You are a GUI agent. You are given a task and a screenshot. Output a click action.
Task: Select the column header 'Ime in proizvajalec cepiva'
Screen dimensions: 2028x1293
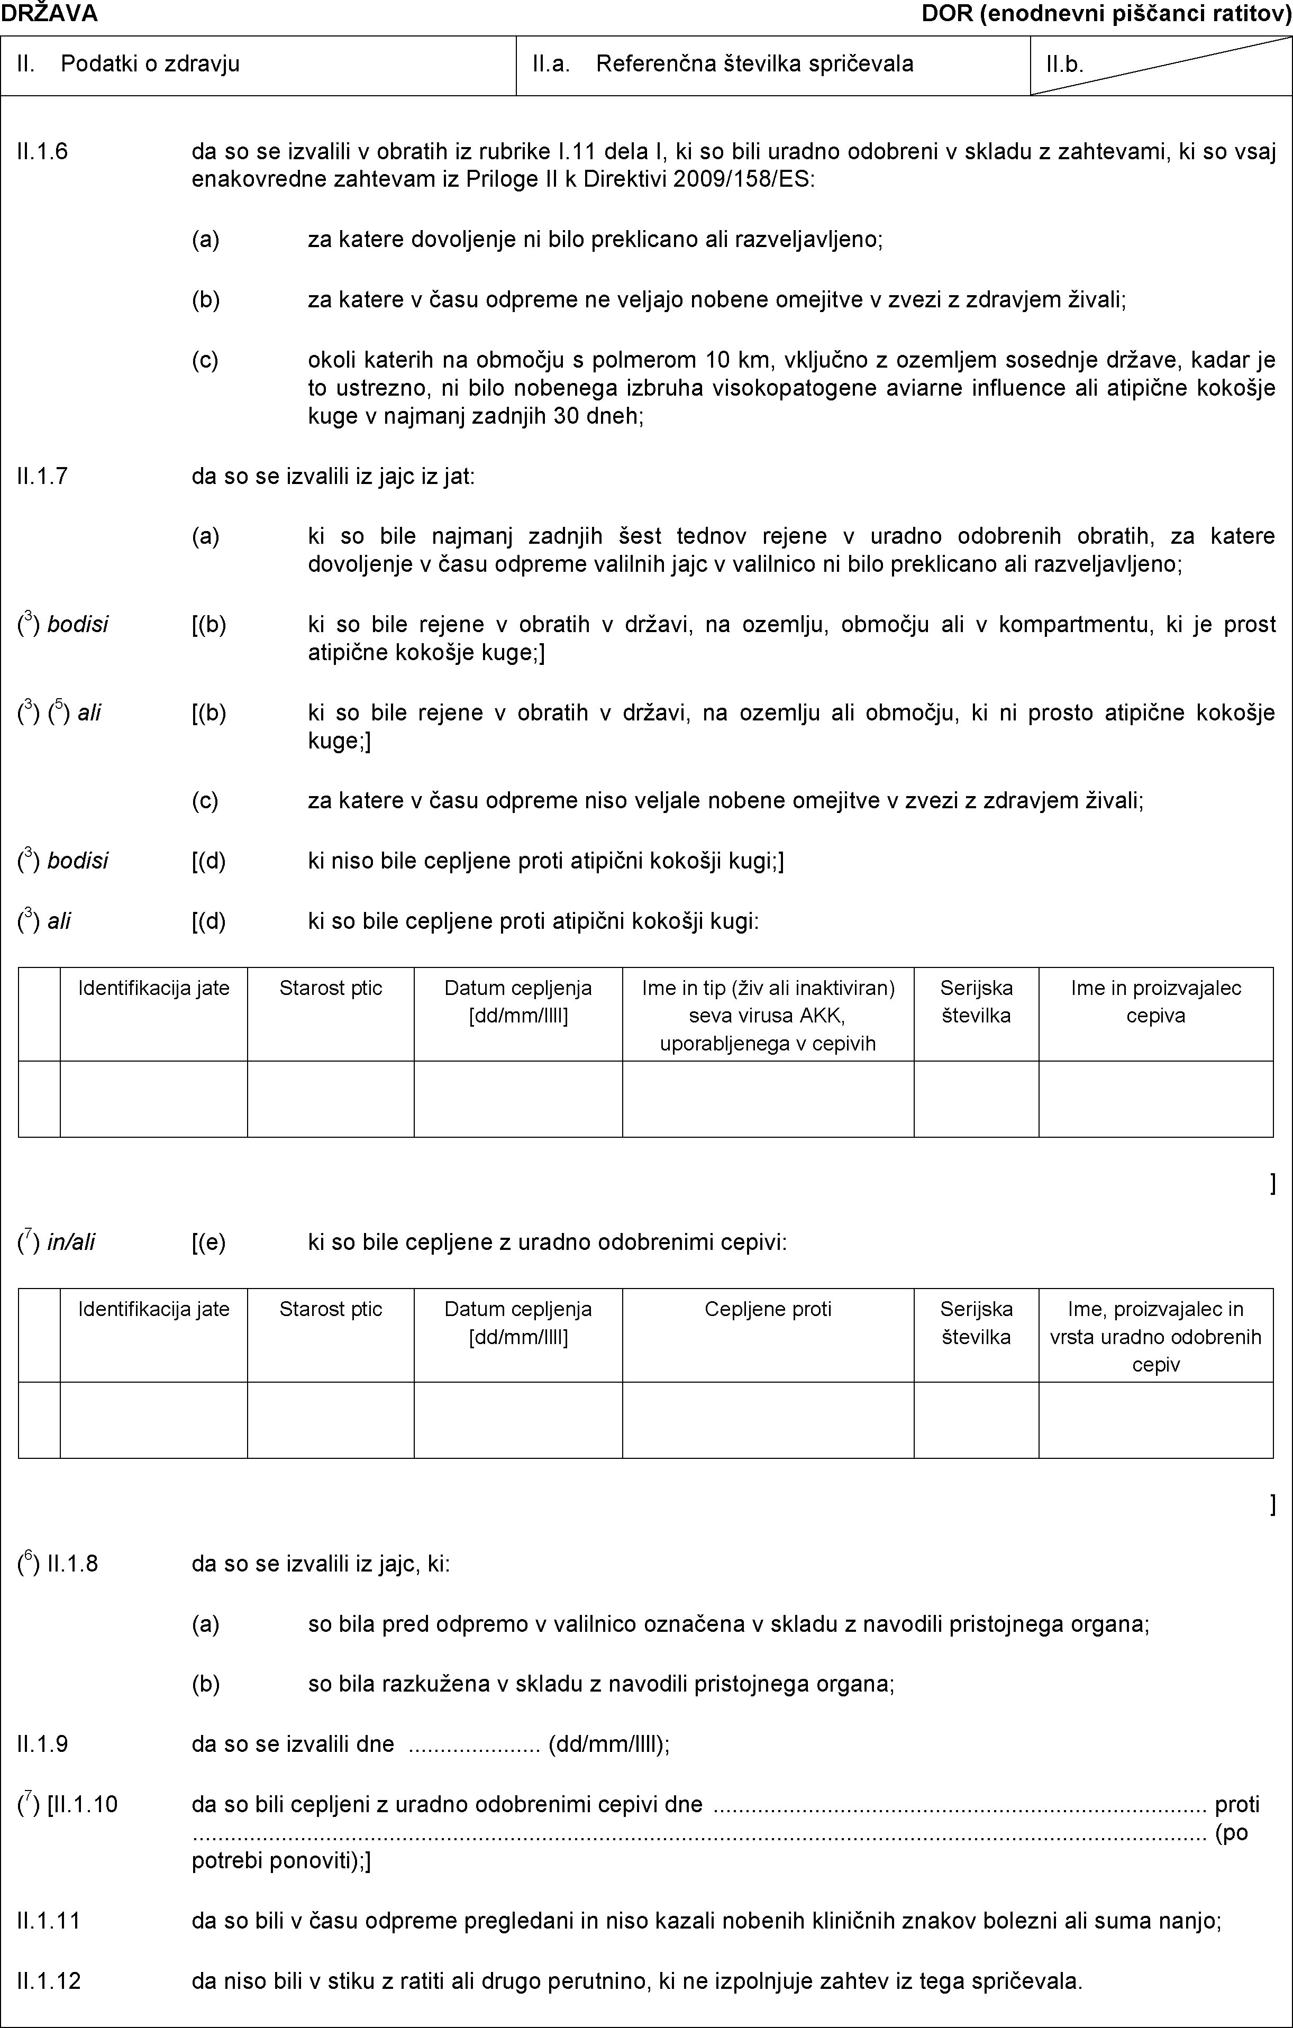coord(1155,1001)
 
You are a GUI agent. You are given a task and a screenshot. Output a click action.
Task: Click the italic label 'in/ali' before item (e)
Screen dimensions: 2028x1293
coord(71,1242)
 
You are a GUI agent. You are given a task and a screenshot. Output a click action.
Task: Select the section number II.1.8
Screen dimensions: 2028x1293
coord(74,1565)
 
